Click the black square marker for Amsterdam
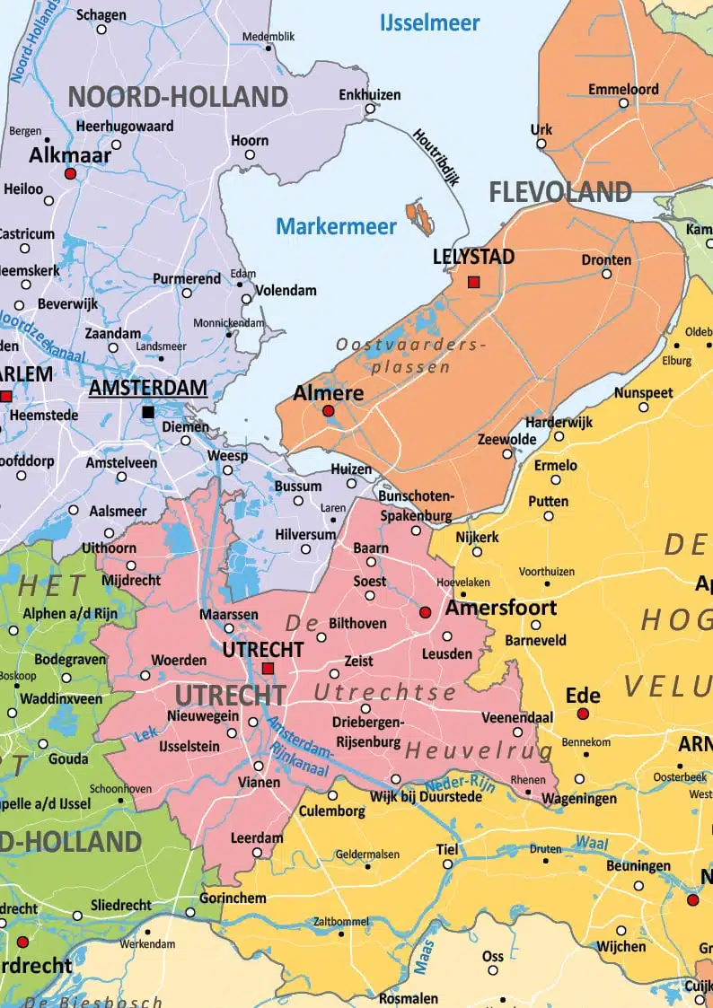tap(148, 412)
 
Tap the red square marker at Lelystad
tap(474, 283)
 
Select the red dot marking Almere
tap(328, 411)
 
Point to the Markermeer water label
tap(336, 226)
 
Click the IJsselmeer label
tap(429, 22)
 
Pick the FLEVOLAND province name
tap(560, 191)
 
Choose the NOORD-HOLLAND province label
tap(178, 96)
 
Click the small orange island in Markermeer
tap(419, 215)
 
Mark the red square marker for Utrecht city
tap(268, 668)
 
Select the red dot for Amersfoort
tap(426, 612)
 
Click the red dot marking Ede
tap(583, 714)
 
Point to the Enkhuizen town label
tap(370, 94)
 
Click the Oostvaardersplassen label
tap(411, 355)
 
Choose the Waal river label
tap(592, 844)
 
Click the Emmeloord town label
tap(623, 89)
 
